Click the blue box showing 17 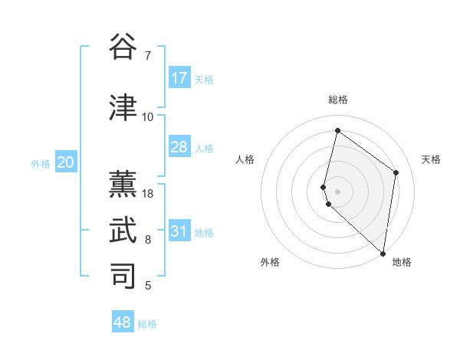tap(179, 78)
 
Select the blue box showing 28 tap(179, 147)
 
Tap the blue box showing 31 tap(179, 231)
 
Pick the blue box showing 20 tap(66, 162)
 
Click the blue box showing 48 tap(123, 322)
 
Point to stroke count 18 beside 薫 tap(148, 194)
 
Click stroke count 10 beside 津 tap(148, 117)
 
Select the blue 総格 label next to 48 tap(147, 324)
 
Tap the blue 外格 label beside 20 tap(41, 163)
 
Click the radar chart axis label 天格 tap(431, 159)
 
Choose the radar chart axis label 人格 tap(245, 159)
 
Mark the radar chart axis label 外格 tap(270, 262)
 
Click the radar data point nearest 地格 tap(383, 254)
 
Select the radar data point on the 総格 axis tap(337, 130)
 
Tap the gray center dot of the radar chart tap(337, 190)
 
